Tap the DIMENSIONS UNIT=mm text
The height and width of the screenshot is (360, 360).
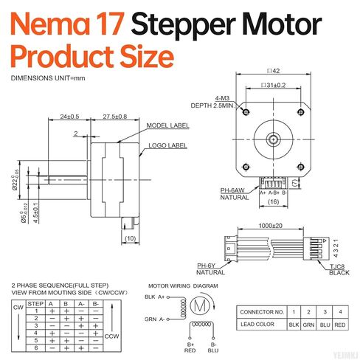tap(48, 78)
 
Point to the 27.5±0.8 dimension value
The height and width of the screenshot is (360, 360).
tap(114, 117)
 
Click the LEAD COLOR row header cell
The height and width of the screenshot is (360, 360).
tap(260, 325)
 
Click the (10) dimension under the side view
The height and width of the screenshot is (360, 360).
tap(131, 238)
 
